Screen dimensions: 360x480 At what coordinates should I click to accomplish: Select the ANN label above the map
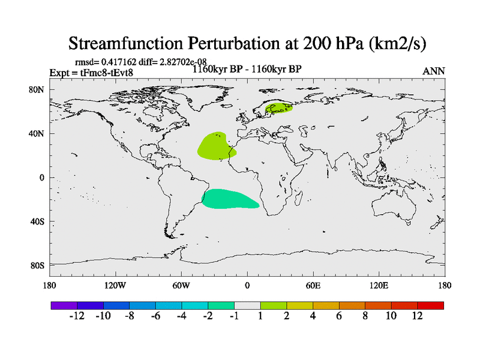(x=434, y=71)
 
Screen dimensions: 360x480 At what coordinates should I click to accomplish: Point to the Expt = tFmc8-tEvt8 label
(x=91, y=73)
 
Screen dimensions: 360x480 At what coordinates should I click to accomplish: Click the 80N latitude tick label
(x=38, y=89)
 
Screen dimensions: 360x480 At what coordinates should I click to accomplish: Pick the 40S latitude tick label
(x=38, y=221)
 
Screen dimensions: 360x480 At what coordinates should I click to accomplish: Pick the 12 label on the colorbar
(x=418, y=317)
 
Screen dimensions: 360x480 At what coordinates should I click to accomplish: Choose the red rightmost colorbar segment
(x=431, y=305)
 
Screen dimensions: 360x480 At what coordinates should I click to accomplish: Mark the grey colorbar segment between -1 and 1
(x=247, y=305)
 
